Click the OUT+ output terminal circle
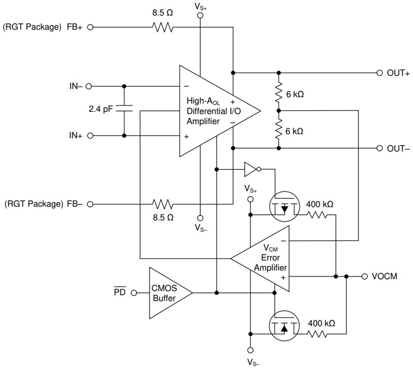(x=380, y=73)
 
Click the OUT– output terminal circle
(x=380, y=148)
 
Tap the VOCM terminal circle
(x=364, y=276)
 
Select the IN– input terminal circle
(x=89, y=86)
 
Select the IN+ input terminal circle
(x=90, y=136)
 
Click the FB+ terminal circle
(x=90, y=27)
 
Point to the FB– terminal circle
(x=90, y=204)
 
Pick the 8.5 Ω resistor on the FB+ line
(x=163, y=27)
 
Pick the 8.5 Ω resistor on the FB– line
(x=163, y=204)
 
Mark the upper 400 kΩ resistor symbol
(x=318, y=215)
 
